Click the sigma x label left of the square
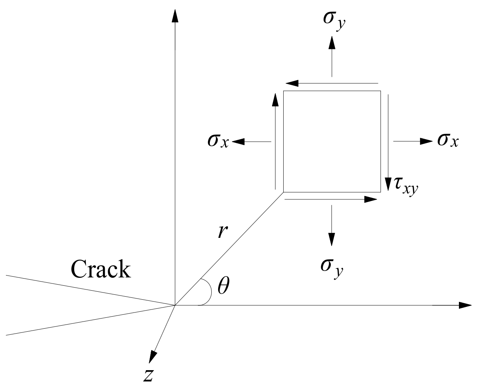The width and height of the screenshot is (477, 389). click(x=218, y=141)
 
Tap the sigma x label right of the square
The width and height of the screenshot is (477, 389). click(x=448, y=141)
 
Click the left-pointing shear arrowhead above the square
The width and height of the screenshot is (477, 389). click(x=292, y=83)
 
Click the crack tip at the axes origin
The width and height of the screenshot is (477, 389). click(x=175, y=305)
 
